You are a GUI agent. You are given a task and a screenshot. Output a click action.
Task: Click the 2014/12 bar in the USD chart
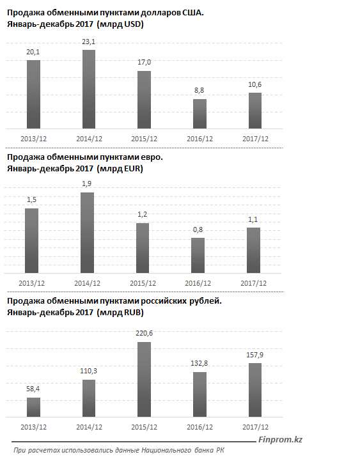[x=89, y=89]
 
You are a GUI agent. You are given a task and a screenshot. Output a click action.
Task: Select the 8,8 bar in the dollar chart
[x=200, y=114]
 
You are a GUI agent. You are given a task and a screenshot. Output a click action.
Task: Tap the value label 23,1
[x=88, y=42]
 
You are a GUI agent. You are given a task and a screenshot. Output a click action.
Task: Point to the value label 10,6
[x=255, y=84]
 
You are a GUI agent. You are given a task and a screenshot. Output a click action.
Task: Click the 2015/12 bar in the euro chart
[x=143, y=248]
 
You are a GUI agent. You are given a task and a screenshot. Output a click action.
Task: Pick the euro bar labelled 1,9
[x=87, y=233]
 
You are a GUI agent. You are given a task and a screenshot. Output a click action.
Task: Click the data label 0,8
[x=198, y=229]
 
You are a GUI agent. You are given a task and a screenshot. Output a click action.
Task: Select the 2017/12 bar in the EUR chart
[x=253, y=251]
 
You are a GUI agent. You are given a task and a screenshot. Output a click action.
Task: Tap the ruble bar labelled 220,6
[x=145, y=379]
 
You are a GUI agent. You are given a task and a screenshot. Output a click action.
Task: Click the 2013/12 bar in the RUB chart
[x=33, y=407]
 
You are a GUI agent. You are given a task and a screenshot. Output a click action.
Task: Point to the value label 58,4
[x=33, y=389]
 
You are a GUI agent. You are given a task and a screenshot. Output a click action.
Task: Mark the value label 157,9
[x=255, y=355]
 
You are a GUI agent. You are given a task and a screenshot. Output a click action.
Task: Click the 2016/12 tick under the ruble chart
[x=200, y=427]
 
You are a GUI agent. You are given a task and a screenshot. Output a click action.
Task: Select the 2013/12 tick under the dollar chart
[x=33, y=139]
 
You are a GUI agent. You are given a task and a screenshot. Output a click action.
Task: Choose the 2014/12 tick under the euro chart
[x=87, y=283]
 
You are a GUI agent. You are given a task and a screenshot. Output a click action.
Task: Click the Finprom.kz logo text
[x=280, y=440]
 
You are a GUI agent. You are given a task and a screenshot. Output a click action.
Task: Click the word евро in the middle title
[x=152, y=157]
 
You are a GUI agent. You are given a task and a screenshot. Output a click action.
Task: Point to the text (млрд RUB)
[x=120, y=313]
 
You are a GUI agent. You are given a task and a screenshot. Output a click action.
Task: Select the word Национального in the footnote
[x=166, y=450]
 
